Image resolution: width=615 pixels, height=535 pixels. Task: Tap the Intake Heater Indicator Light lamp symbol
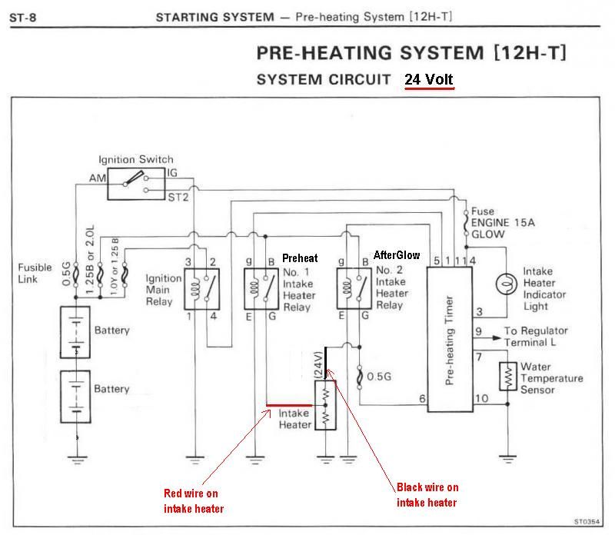504,282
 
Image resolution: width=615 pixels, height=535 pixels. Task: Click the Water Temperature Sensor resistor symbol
507,376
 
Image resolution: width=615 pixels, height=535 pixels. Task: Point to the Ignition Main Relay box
202,289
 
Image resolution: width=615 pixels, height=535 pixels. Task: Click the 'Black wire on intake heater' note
427,495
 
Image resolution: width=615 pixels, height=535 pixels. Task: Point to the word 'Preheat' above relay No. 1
300,258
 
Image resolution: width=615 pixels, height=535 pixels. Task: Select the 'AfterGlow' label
397,255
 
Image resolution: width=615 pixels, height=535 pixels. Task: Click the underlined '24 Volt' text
430,79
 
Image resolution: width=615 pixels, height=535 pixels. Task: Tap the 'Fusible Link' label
35,273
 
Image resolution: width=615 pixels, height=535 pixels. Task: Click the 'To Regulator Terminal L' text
542,337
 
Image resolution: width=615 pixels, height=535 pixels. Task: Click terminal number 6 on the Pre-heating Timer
422,398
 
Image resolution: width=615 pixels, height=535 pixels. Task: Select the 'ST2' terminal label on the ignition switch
177,197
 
